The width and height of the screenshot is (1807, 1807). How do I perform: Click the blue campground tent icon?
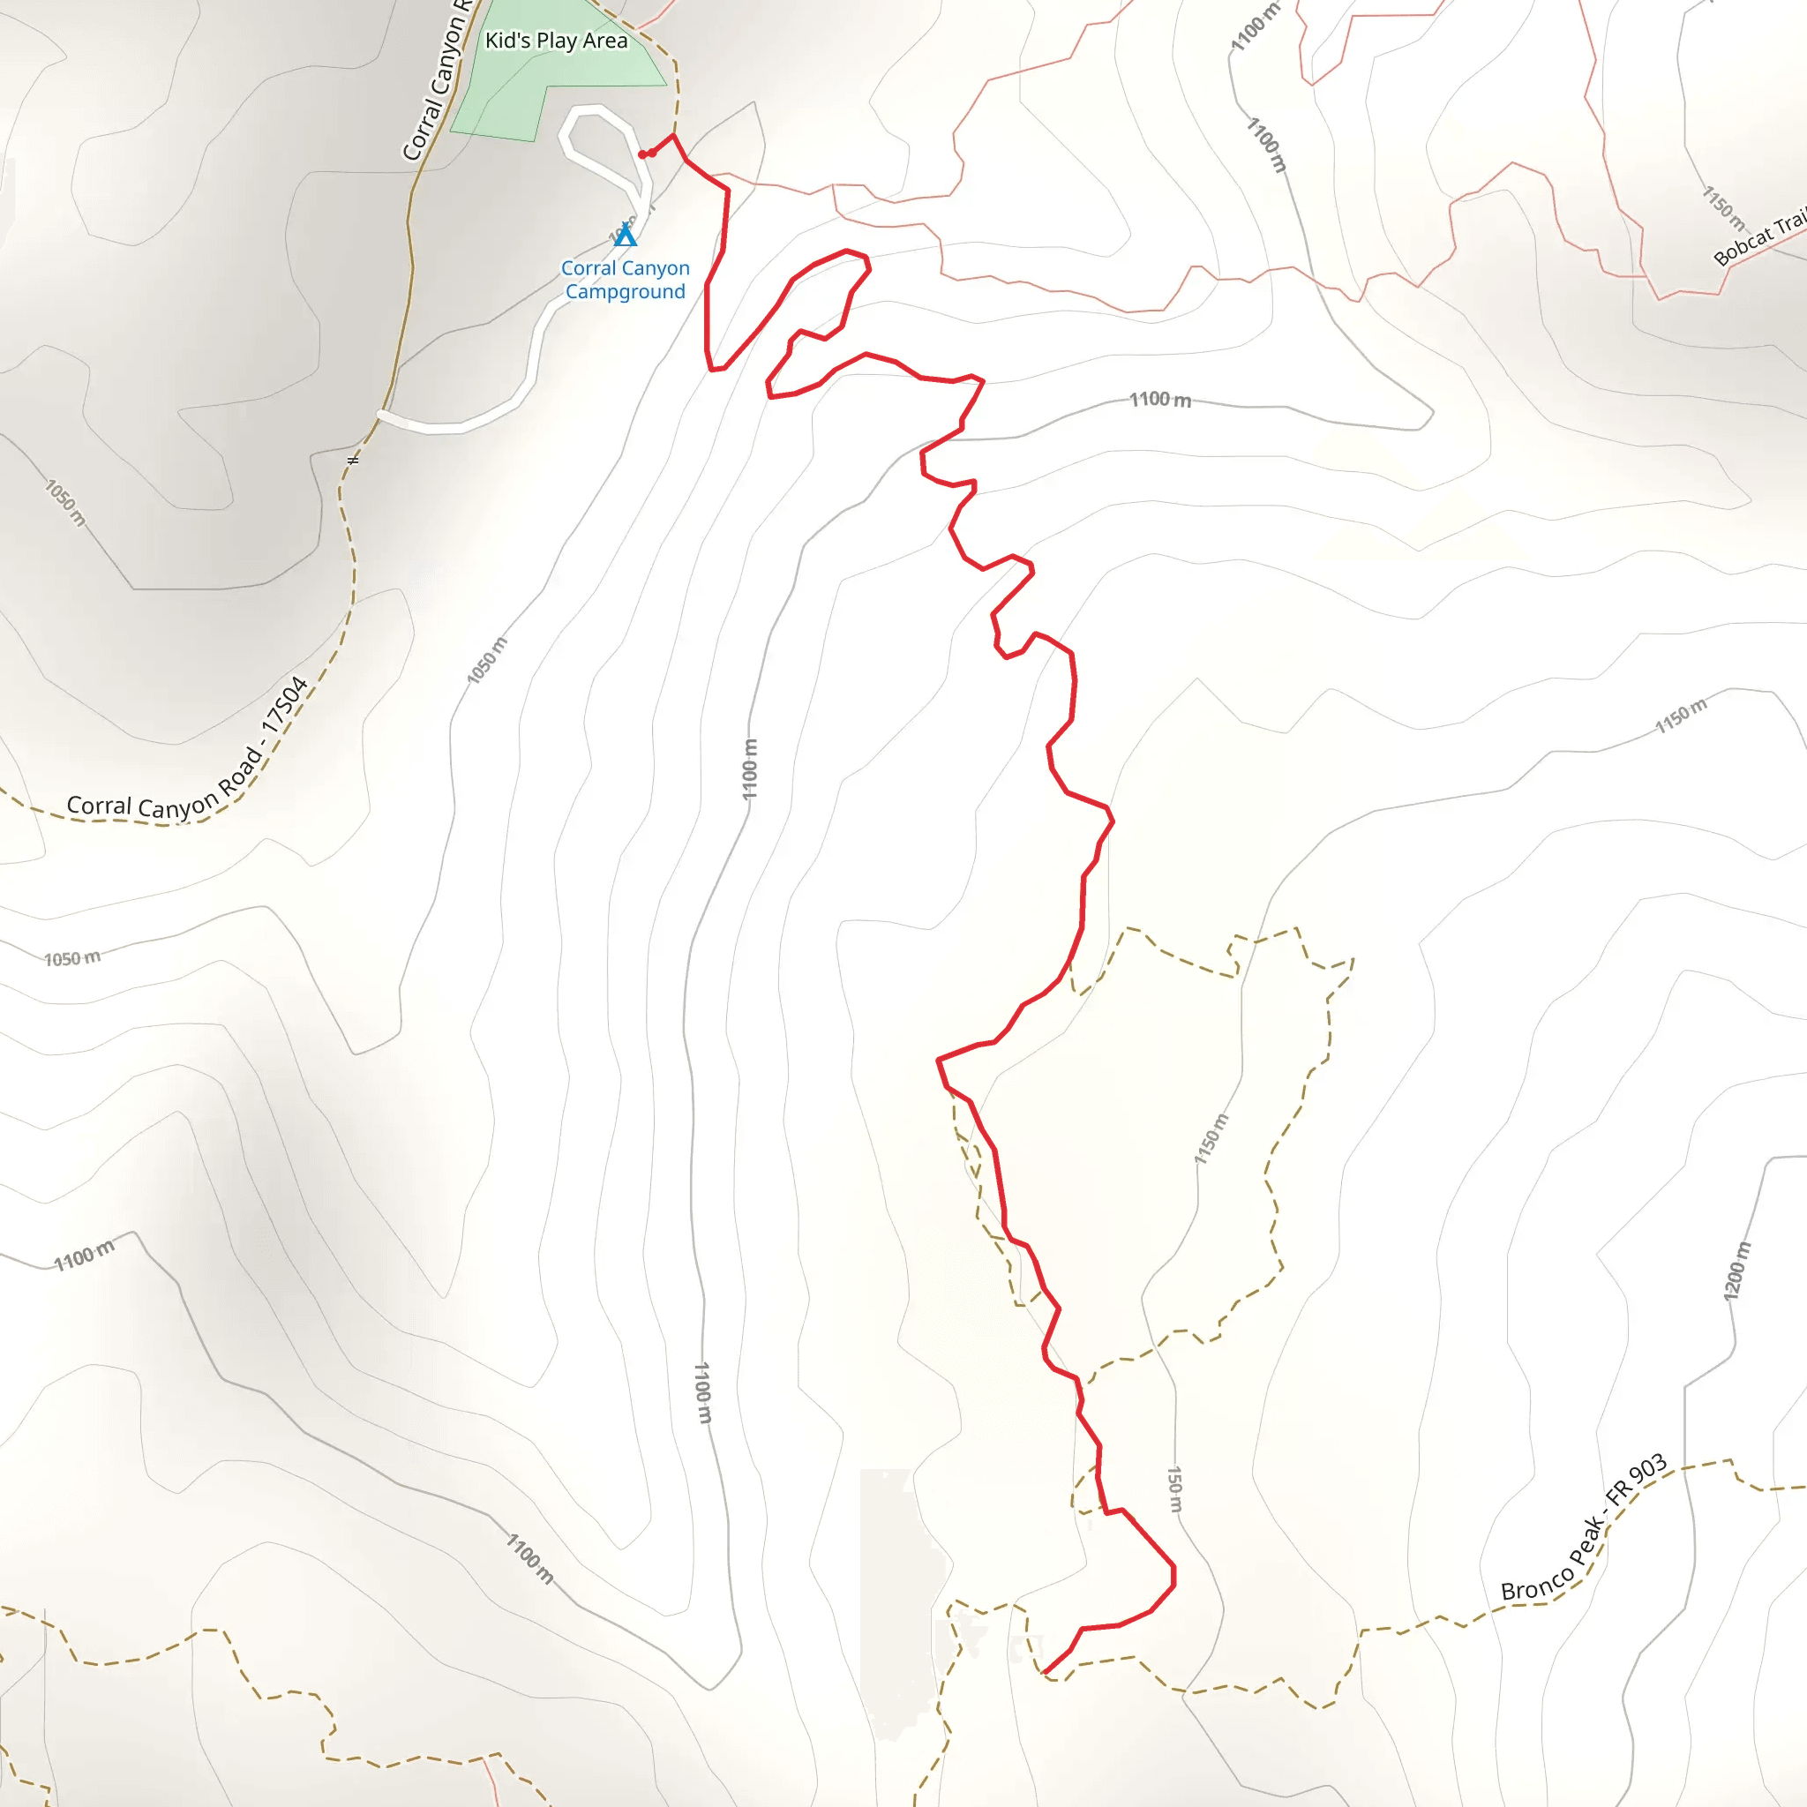[x=625, y=235]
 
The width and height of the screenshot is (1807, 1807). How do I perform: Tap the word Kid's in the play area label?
[x=507, y=41]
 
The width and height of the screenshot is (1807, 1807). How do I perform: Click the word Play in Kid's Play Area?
[x=556, y=41]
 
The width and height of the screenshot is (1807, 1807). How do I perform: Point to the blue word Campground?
[x=625, y=292]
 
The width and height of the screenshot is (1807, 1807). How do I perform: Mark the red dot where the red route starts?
[x=642, y=154]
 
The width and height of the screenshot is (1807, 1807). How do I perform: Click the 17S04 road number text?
[x=284, y=705]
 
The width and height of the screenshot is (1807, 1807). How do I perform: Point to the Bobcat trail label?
[x=1758, y=239]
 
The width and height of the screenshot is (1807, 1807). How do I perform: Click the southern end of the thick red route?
[x=1044, y=1672]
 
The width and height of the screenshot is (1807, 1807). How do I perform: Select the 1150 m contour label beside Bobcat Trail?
[x=1723, y=207]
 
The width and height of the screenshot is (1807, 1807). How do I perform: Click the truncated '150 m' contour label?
[x=1175, y=1489]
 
